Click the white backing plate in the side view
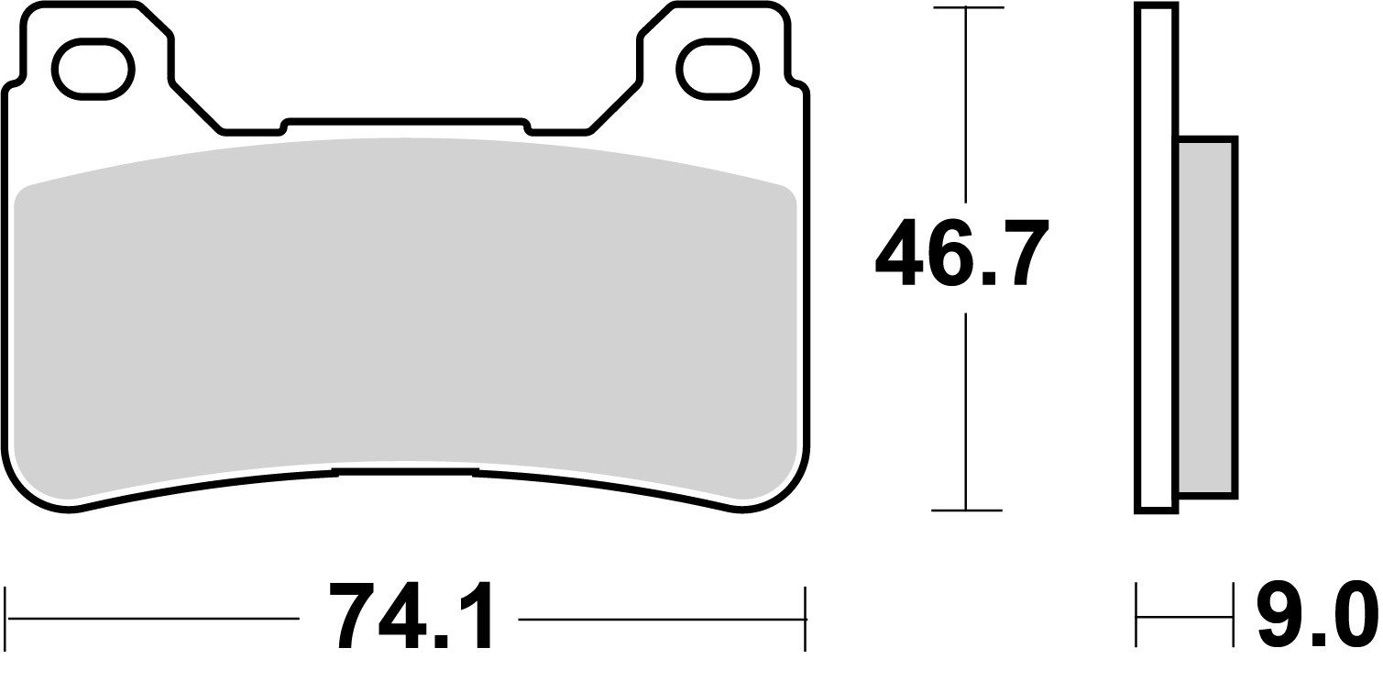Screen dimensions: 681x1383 click(1156, 257)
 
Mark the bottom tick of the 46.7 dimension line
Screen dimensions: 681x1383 click(966, 510)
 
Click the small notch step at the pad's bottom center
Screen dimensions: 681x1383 click(406, 471)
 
